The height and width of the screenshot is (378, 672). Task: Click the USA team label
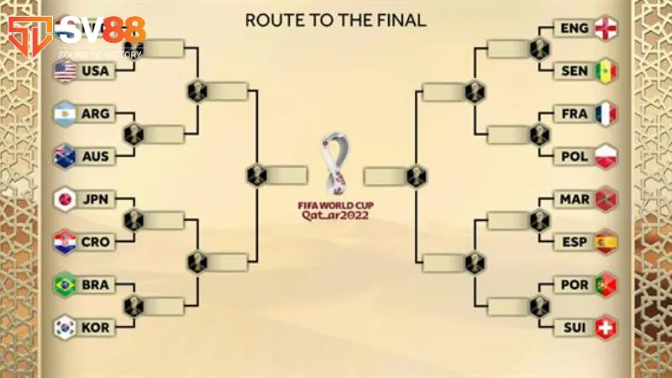tap(96, 71)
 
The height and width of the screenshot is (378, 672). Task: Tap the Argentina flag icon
tap(66, 113)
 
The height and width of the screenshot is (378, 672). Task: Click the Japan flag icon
tap(66, 200)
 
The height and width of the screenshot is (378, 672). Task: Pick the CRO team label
tap(96, 243)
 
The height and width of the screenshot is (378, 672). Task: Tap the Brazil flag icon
tap(66, 285)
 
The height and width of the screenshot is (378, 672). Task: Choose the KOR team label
tap(96, 328)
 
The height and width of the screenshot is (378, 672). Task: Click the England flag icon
tap(605, 29)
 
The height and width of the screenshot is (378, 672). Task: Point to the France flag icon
tap(605, 113)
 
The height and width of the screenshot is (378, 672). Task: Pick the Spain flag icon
tap(605, 243)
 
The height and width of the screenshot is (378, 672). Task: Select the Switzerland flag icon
tap(605, 328)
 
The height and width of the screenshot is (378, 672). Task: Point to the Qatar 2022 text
tap(335, 215)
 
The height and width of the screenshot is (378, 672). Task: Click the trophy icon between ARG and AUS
tap(134, 134)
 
